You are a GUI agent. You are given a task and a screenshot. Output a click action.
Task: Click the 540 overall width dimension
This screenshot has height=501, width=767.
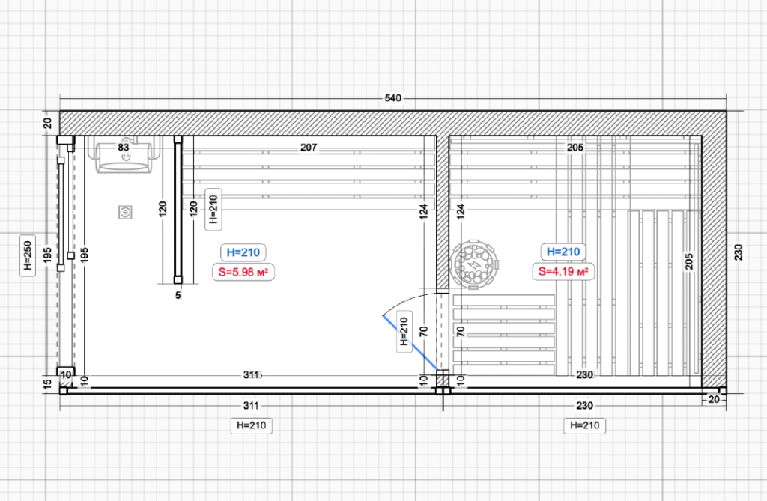click(392, 98)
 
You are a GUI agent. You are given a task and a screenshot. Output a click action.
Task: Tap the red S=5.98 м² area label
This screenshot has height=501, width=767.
click(243, 272)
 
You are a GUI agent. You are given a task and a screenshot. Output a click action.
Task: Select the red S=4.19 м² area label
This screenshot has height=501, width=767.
click(563, 271)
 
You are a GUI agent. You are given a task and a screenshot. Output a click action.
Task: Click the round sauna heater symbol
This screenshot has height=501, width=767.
click(473, 264)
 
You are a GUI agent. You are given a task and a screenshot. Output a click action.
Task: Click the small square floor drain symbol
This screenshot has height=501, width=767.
click(126, 212)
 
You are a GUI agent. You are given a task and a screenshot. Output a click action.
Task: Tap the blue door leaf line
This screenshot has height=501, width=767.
click(410, 342)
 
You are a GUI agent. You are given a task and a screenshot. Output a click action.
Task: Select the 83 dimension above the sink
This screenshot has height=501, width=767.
click(124, 147)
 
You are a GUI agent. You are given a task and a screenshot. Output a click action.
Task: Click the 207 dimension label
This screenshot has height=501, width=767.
click(309, 148)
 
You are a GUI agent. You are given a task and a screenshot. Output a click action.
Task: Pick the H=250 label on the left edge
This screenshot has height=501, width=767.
click(28, 255)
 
